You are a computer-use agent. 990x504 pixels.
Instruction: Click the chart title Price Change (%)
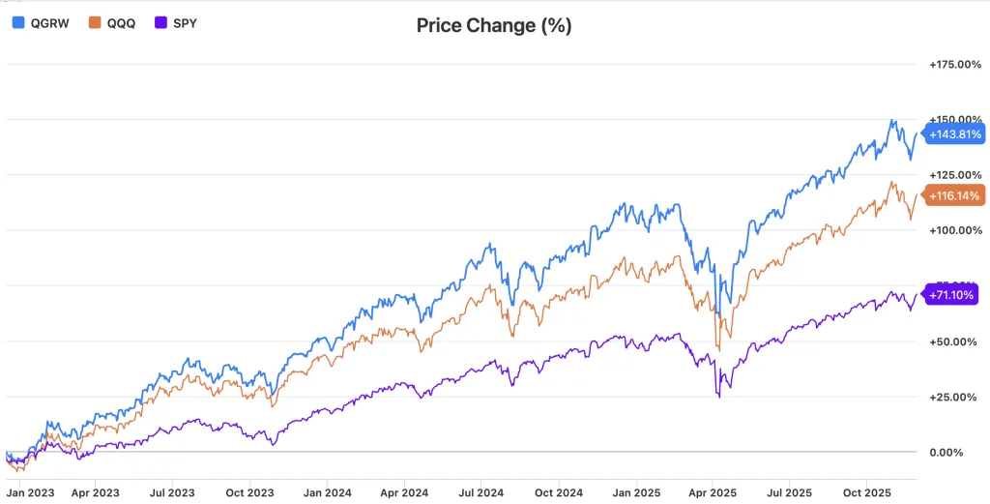pos(494,26)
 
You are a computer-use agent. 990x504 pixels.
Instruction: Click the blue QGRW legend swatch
pos(18,21)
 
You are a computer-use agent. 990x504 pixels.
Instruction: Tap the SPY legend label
pos(185,21)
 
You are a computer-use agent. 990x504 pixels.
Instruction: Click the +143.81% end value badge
pos(954,134)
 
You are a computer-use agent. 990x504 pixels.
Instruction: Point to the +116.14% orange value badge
pos(954,195)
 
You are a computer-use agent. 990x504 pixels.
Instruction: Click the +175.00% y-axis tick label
pos(954,65)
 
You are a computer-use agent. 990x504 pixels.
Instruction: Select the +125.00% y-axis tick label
pos(954,175)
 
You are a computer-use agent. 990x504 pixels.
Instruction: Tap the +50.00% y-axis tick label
pos(954,341)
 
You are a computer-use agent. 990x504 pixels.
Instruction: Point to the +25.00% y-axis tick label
pos(954,397)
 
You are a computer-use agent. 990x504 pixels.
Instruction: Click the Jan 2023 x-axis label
pos(31,492)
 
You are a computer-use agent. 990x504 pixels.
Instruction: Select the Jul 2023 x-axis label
pos(171,492)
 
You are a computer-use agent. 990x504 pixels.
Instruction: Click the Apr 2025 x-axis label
pos(712,492)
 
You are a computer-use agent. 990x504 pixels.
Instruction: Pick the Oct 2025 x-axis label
pos(866,492)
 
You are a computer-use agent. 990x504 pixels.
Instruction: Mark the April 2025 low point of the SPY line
pos(718,397)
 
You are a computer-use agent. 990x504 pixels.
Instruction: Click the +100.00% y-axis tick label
pos(954,230)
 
